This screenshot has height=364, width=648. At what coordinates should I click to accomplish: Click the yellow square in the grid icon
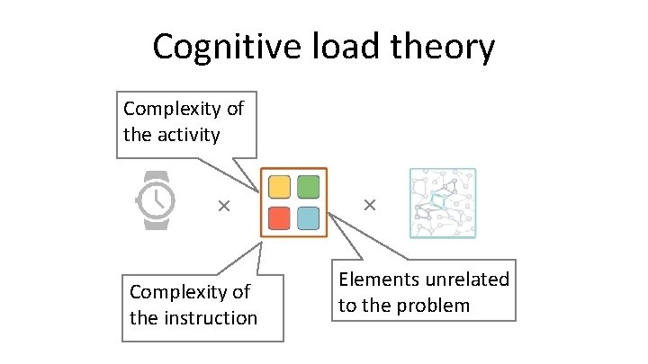tap(280, 187)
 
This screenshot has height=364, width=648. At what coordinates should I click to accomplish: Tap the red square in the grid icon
tap(280, 218)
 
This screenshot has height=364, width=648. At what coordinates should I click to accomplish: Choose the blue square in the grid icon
tap(309, 218)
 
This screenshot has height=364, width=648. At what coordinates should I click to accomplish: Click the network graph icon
tap(442, 202)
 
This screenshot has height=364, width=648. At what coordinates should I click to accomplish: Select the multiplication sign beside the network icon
tap(369, 206)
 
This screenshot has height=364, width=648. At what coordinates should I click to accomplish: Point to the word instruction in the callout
tap(211, 317)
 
